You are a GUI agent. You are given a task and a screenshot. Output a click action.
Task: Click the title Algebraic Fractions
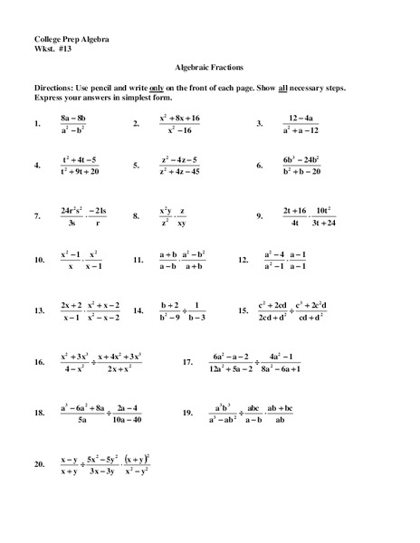point(209,68)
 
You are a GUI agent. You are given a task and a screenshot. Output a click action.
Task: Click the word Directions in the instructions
point(59,85)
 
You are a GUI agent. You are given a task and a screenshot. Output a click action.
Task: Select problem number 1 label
point(37,123)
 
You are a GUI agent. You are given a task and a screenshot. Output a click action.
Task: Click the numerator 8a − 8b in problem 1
point(73,118)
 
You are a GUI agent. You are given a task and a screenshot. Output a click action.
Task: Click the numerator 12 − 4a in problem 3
point(300,118)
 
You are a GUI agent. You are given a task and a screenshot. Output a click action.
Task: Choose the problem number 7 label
point(37,217)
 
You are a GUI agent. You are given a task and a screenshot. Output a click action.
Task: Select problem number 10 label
point(39,261)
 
